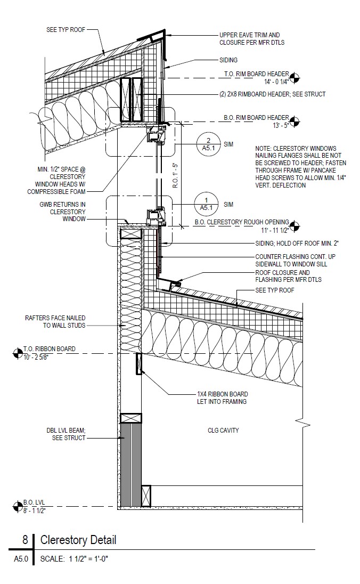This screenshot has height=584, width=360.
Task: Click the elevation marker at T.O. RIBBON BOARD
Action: (x=16, y=352)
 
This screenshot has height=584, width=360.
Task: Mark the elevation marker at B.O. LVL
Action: (x=16, y=506)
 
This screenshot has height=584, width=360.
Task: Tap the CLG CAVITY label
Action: (x=223, y=431)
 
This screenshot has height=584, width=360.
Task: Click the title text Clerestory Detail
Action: (x=78, y=540)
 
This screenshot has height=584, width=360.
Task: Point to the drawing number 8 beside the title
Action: (x=25, y=540)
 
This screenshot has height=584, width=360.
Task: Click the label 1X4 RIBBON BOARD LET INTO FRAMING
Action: (x=222, y=398)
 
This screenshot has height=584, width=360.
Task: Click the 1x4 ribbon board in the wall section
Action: (x=139, y=364)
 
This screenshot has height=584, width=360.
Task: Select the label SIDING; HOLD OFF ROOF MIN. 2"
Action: (x=297, y=244)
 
